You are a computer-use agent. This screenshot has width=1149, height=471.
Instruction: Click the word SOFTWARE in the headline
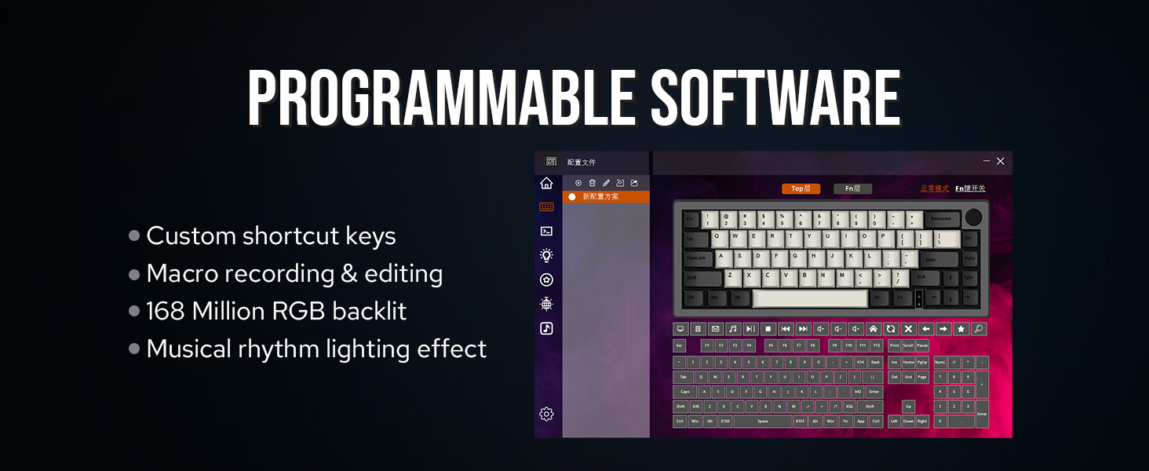[x=775, y=99]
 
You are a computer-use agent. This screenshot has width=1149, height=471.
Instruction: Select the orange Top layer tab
[x=801, y=188]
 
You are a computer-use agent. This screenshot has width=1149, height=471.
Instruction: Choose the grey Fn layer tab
[x=852, y=188]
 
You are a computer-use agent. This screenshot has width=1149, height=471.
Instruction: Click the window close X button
[x=1000, y=161]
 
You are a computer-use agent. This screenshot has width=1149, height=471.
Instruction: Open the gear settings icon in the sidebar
[x=547, y=414]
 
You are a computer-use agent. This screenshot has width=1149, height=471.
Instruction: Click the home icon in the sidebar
[x=547, y=183]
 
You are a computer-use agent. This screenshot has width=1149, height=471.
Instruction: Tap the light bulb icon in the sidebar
[x=547, y=255]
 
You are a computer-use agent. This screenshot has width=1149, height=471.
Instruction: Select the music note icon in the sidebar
[x=547, y=328]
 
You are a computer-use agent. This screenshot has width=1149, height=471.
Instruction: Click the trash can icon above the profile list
[x=593, y=183]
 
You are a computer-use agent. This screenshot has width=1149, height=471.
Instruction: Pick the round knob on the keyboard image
[x=973, y=217]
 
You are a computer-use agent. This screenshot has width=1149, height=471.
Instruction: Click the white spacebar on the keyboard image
[x=810, y=298]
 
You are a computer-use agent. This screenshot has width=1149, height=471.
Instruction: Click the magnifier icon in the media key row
[x=979, y=329]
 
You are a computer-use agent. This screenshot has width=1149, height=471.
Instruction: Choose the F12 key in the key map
[x=877, y=345]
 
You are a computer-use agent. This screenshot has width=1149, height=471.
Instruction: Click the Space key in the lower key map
[x=762, y=422]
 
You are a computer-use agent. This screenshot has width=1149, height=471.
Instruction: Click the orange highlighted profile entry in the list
[x=606, y=196]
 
